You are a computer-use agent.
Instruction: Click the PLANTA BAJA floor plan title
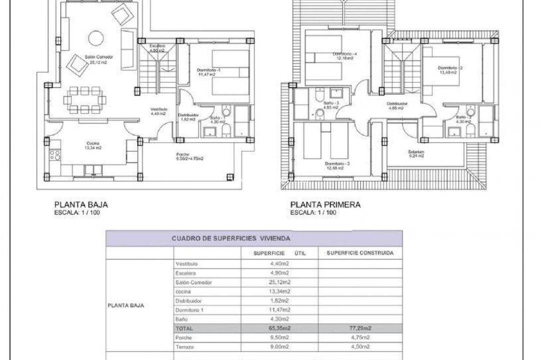pos(80,204)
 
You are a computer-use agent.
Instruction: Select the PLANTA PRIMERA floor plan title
pos(325,204)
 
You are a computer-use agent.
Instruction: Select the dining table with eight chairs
pos(84,99)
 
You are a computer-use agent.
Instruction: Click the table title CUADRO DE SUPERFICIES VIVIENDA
pos(230,239)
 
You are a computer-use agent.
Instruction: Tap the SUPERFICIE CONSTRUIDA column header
pos(360,253)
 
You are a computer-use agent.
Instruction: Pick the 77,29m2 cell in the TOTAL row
pos(360,328)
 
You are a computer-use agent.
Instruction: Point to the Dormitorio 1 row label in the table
pos(190,310)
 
